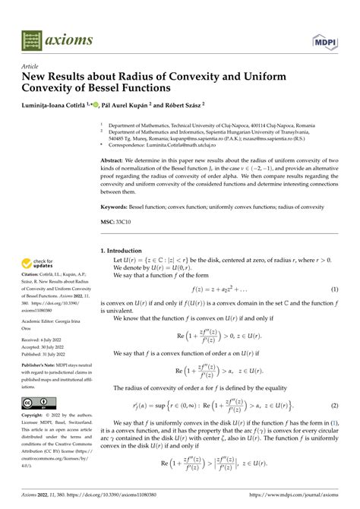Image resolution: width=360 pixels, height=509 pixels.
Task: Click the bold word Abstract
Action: tap(115, 161)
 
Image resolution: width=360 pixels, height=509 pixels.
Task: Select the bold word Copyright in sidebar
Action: tap(34, 416)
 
